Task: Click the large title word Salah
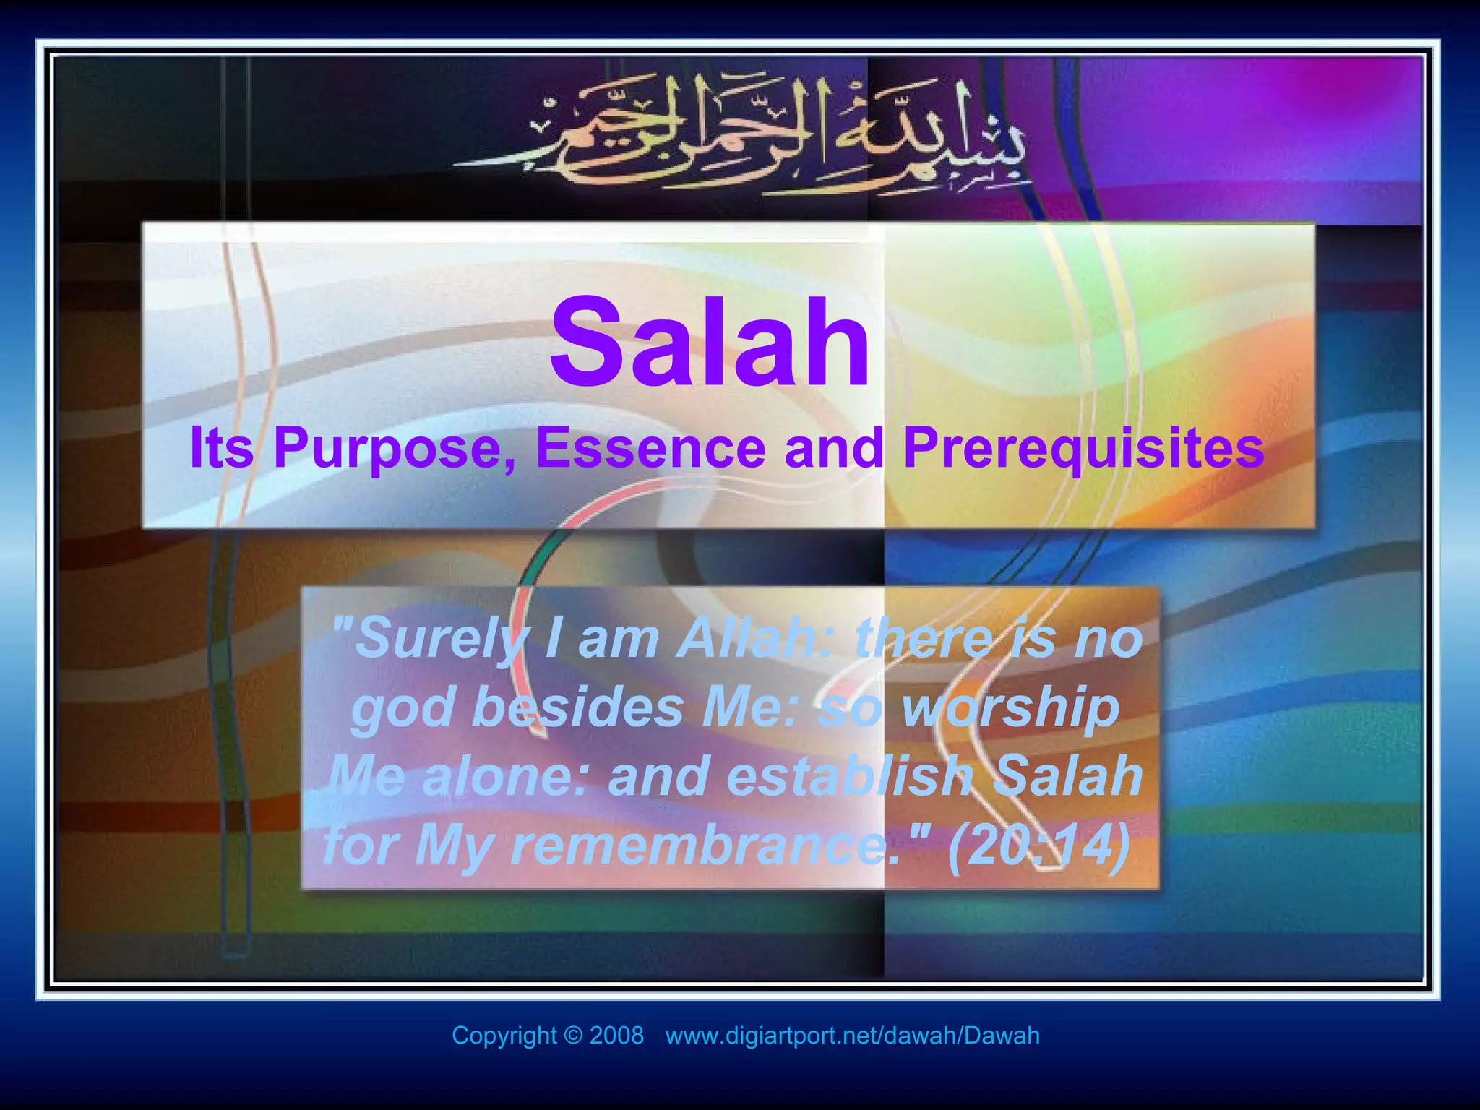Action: tap(710, 343)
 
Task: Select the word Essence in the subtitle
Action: tap(650, 448)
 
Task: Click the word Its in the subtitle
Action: tap(221, 448)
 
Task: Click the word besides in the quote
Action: tap(578, 707)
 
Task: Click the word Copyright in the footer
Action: tap(504, 1036)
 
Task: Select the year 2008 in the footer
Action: tap(616, 1036)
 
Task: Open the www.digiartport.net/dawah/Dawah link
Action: tap(852, 1036)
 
